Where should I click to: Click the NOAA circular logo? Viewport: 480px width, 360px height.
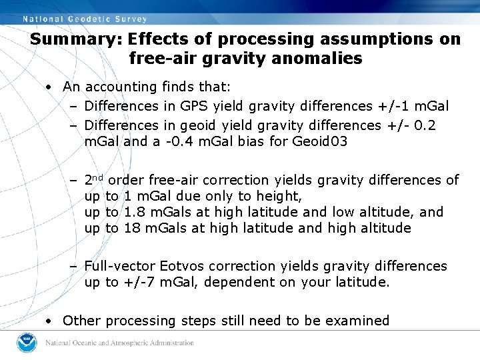pos(27,343)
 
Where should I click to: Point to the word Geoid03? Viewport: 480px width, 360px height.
pos(320,141)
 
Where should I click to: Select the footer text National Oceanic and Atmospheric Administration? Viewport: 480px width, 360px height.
pos(120,343)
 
